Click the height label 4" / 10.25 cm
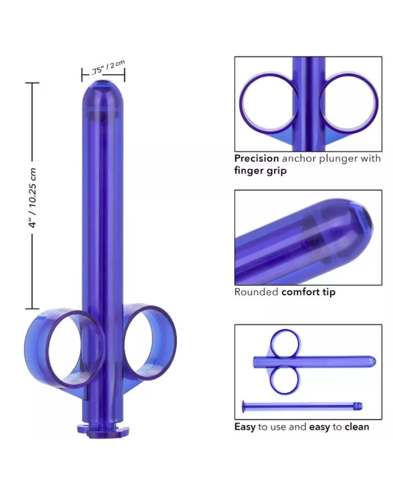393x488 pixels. coord(33,197)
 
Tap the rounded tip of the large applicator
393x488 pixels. coord(103,90)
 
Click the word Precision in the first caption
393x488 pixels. coord(257,159)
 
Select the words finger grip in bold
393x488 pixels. coord(260,171)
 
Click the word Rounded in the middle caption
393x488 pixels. coord(256,292)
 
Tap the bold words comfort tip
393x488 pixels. coord(308,292)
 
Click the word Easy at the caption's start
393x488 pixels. coord(245,427)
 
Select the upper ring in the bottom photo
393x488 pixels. coord(285,344)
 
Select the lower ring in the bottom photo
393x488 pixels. coord(285,380)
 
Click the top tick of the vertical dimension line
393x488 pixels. coord(32,83)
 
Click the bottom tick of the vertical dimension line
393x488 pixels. coord(32,308)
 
